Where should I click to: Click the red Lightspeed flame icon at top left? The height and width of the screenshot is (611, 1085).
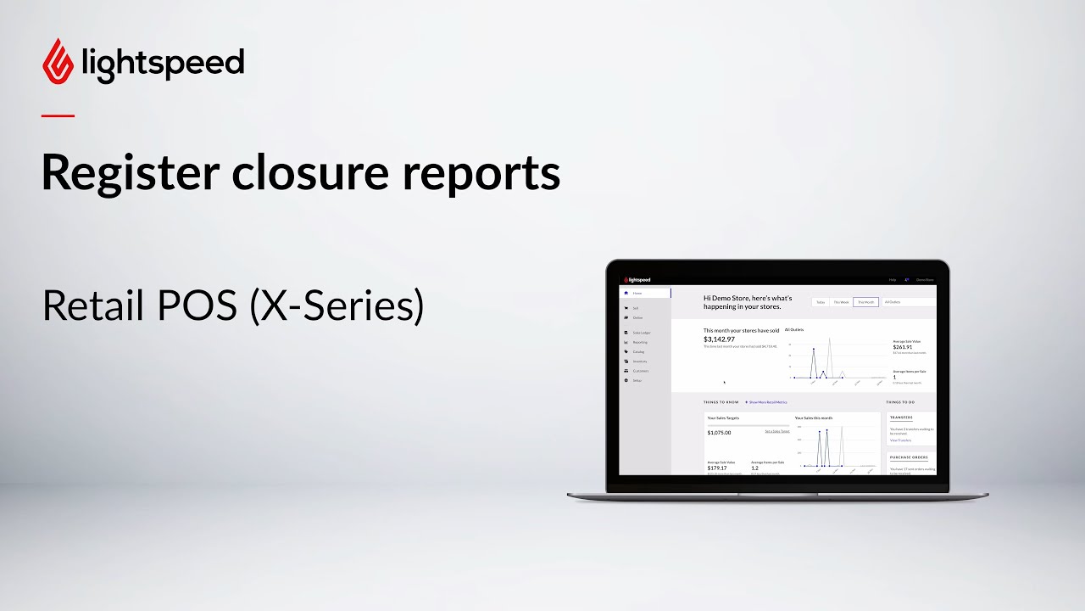(x=58, y=61)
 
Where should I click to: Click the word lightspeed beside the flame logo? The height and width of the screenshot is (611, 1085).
(x=164, y=64)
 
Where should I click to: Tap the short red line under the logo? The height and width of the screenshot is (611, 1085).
(x=58, y=115)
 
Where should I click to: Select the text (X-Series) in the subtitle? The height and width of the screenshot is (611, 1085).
(x=337, y=306)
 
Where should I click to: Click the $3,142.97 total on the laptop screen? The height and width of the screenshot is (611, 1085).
(x=719, y=339)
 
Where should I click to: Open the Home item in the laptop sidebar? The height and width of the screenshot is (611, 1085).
(x=637, y=293)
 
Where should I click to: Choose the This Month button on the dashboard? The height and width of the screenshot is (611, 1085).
(x=865, y=301)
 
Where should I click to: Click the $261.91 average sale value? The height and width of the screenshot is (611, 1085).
(x=903, y=346)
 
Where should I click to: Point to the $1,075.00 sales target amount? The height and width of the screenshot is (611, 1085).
(x=719, y=433)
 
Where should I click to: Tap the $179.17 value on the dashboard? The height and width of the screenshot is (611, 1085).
(x=718, y=468)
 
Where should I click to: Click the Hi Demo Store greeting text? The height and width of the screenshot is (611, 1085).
(x=748, y=301)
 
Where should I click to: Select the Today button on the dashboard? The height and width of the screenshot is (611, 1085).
(x=821, y=301)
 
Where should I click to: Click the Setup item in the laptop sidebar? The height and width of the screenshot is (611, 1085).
(x=637, y=380)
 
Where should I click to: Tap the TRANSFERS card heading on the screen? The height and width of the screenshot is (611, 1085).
(x=900, y=418)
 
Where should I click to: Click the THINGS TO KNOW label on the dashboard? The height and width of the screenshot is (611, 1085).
(x=721, y=402)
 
